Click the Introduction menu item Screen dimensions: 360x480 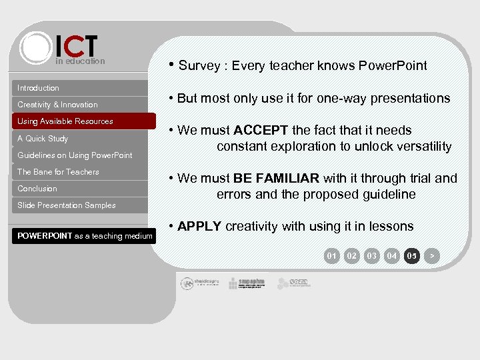38,88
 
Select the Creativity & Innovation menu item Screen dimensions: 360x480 57,105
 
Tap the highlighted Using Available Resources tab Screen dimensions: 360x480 65,121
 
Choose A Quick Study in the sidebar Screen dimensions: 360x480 43,139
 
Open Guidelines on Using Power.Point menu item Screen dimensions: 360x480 75,155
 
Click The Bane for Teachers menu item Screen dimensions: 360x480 58,172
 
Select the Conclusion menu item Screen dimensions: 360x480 37,189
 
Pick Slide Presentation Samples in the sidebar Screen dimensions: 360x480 67,205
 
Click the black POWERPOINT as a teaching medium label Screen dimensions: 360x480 85,236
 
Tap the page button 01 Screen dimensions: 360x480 331,255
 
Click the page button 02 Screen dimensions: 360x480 352,255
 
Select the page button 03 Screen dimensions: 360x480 372,255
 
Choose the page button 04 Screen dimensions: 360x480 392,255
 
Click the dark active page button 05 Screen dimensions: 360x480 412,255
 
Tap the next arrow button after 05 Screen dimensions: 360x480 432,255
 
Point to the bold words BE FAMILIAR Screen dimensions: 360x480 276,178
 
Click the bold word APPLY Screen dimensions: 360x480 199,226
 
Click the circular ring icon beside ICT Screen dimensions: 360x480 36,47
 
